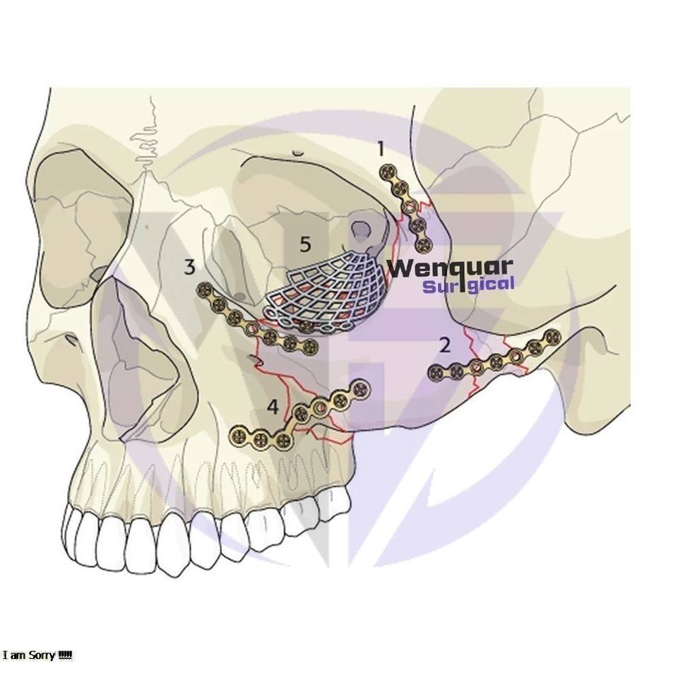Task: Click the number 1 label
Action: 381,149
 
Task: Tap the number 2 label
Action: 444,345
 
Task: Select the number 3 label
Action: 189,267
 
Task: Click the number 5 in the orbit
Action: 305,244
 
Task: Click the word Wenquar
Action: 450,268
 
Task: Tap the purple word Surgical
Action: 468,285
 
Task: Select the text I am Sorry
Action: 37,655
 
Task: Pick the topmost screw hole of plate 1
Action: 386,172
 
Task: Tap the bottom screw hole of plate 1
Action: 424,246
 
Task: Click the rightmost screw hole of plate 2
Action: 553,337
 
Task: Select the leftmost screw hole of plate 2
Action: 437,372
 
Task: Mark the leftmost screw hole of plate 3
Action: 206,289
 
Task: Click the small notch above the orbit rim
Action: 298,152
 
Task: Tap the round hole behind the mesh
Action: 362,229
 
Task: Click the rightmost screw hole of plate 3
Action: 309,346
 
